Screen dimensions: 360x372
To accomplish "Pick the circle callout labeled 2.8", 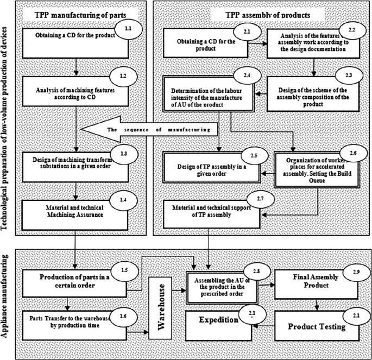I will coord(253,270).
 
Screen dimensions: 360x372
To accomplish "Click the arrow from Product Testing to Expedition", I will coord(266,325).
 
